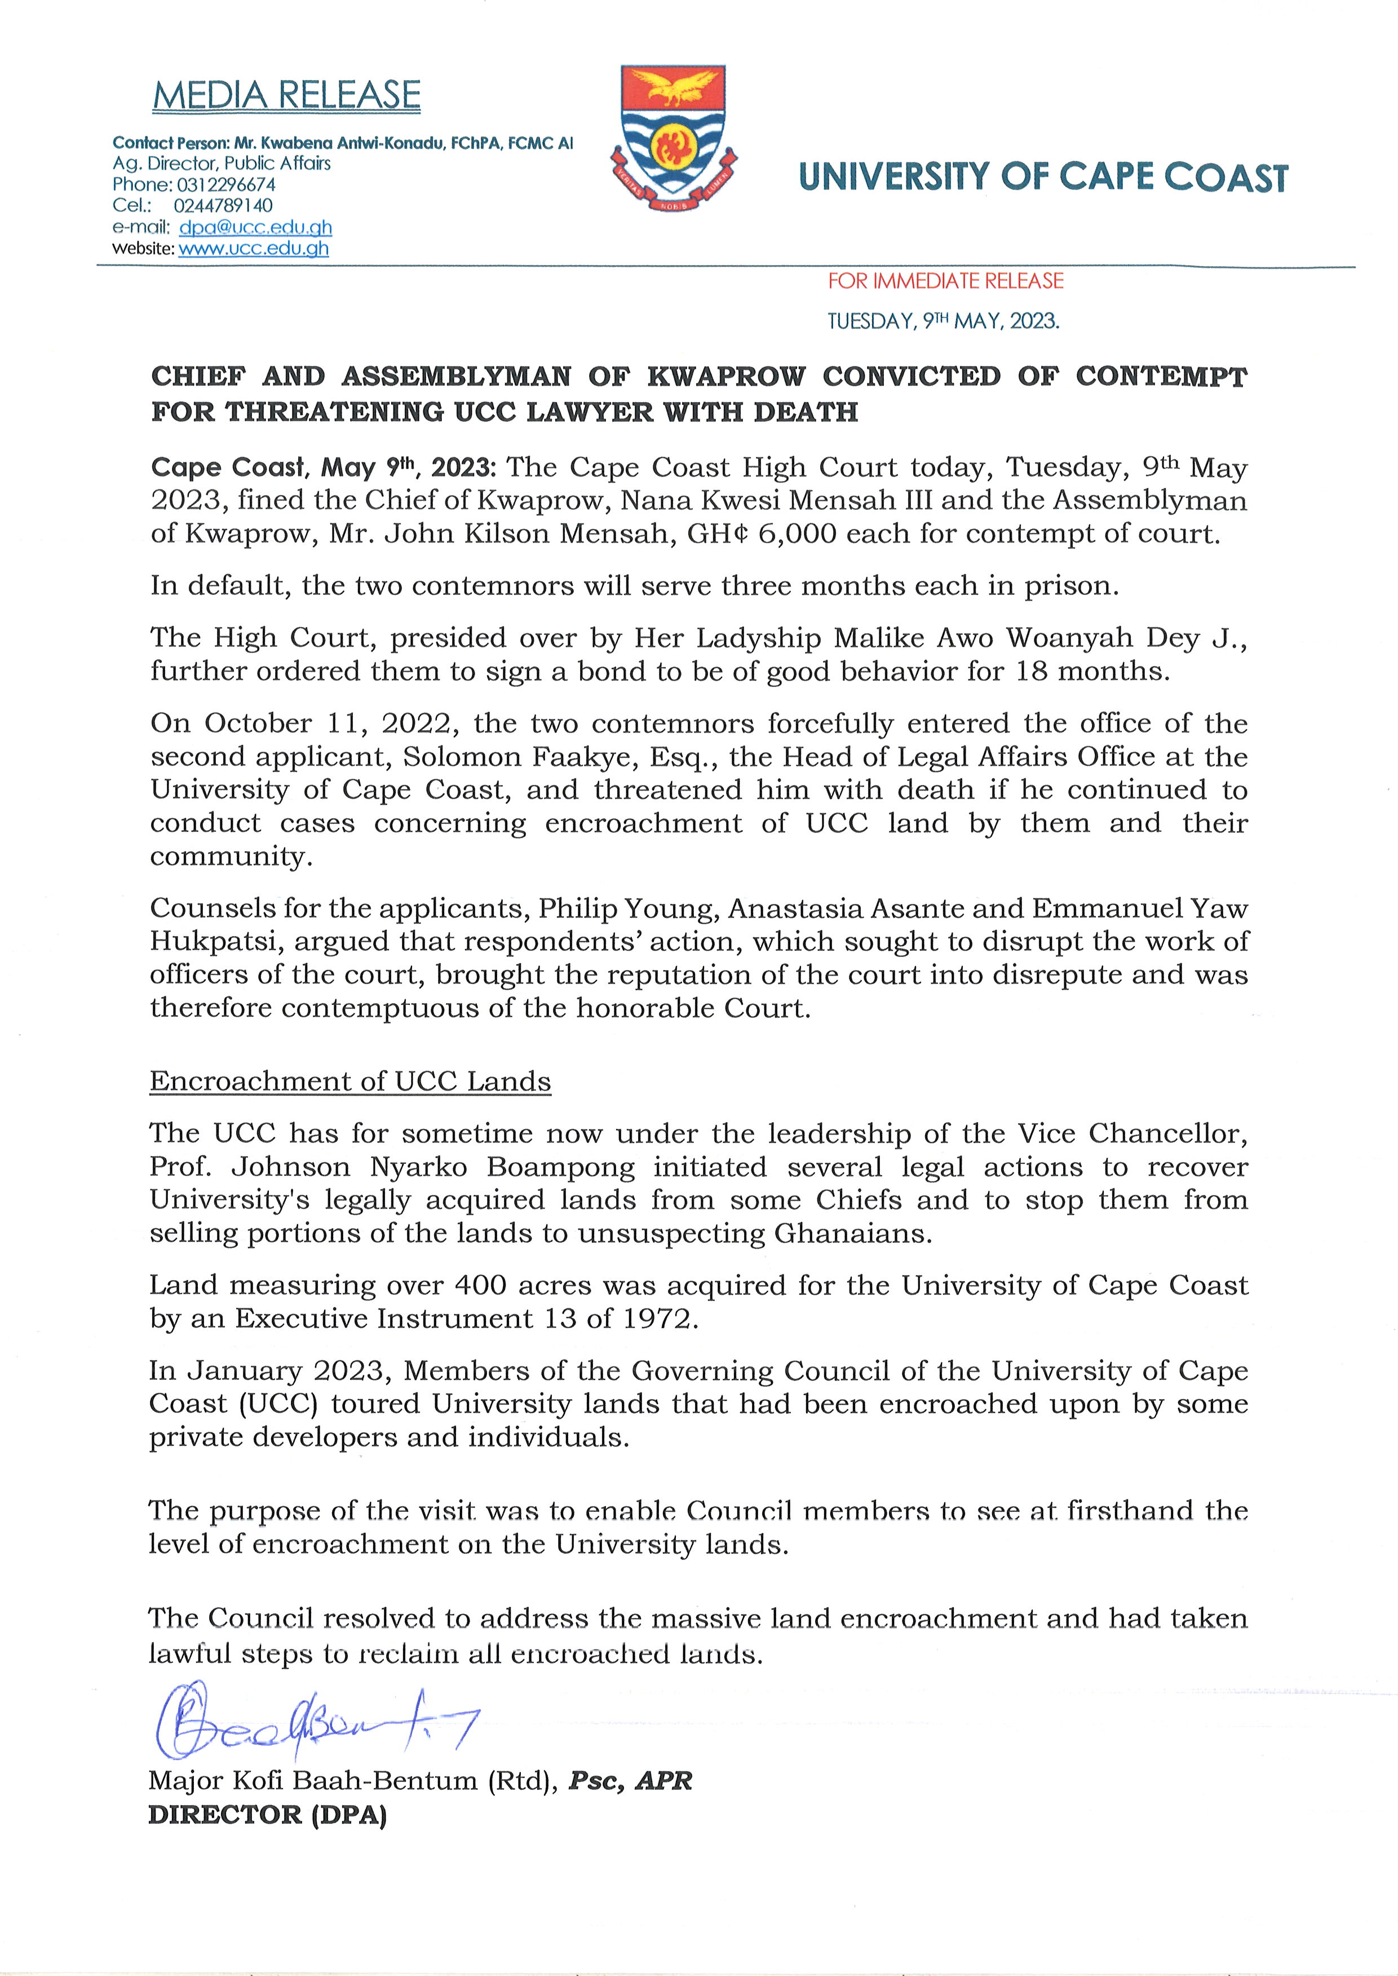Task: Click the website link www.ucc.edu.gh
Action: point(253,249)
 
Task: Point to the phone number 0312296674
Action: point(225,185)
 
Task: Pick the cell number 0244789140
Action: point(223,206)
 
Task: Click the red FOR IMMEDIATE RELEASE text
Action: point(945,281)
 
